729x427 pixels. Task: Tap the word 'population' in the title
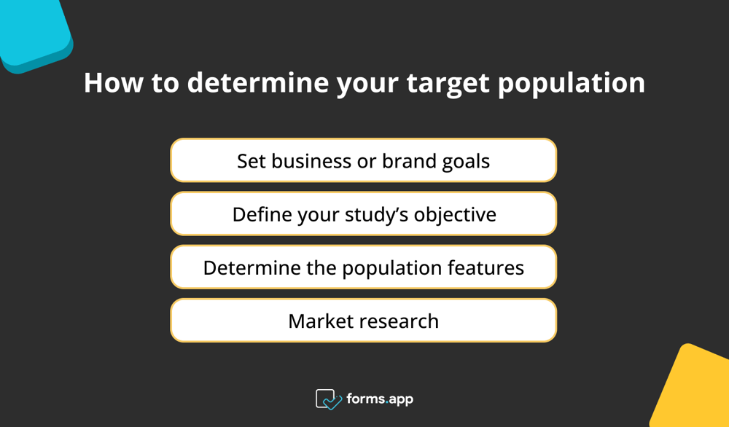pyautogui.click(x=572, y=83)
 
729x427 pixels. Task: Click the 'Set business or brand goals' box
pyautogui.click(x=363, y=160)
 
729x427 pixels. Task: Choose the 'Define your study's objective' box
pyautogui.click(x=363, y=214)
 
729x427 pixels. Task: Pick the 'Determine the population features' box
pyautogui.click(x=363, y=267)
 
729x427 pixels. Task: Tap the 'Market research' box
pyautogui.click(x=363, y=321)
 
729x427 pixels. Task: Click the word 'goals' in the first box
pyautogui.click(x=467, y=161)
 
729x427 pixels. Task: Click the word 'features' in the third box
pyautogui.click(x=488, y=267)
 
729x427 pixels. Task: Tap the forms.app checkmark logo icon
pyautogui.click(x=328, y=399)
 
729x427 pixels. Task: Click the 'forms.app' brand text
pyautogui.click(x=381, y=399)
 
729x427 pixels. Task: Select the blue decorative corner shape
pyautogui.click(x=33, y=33)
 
